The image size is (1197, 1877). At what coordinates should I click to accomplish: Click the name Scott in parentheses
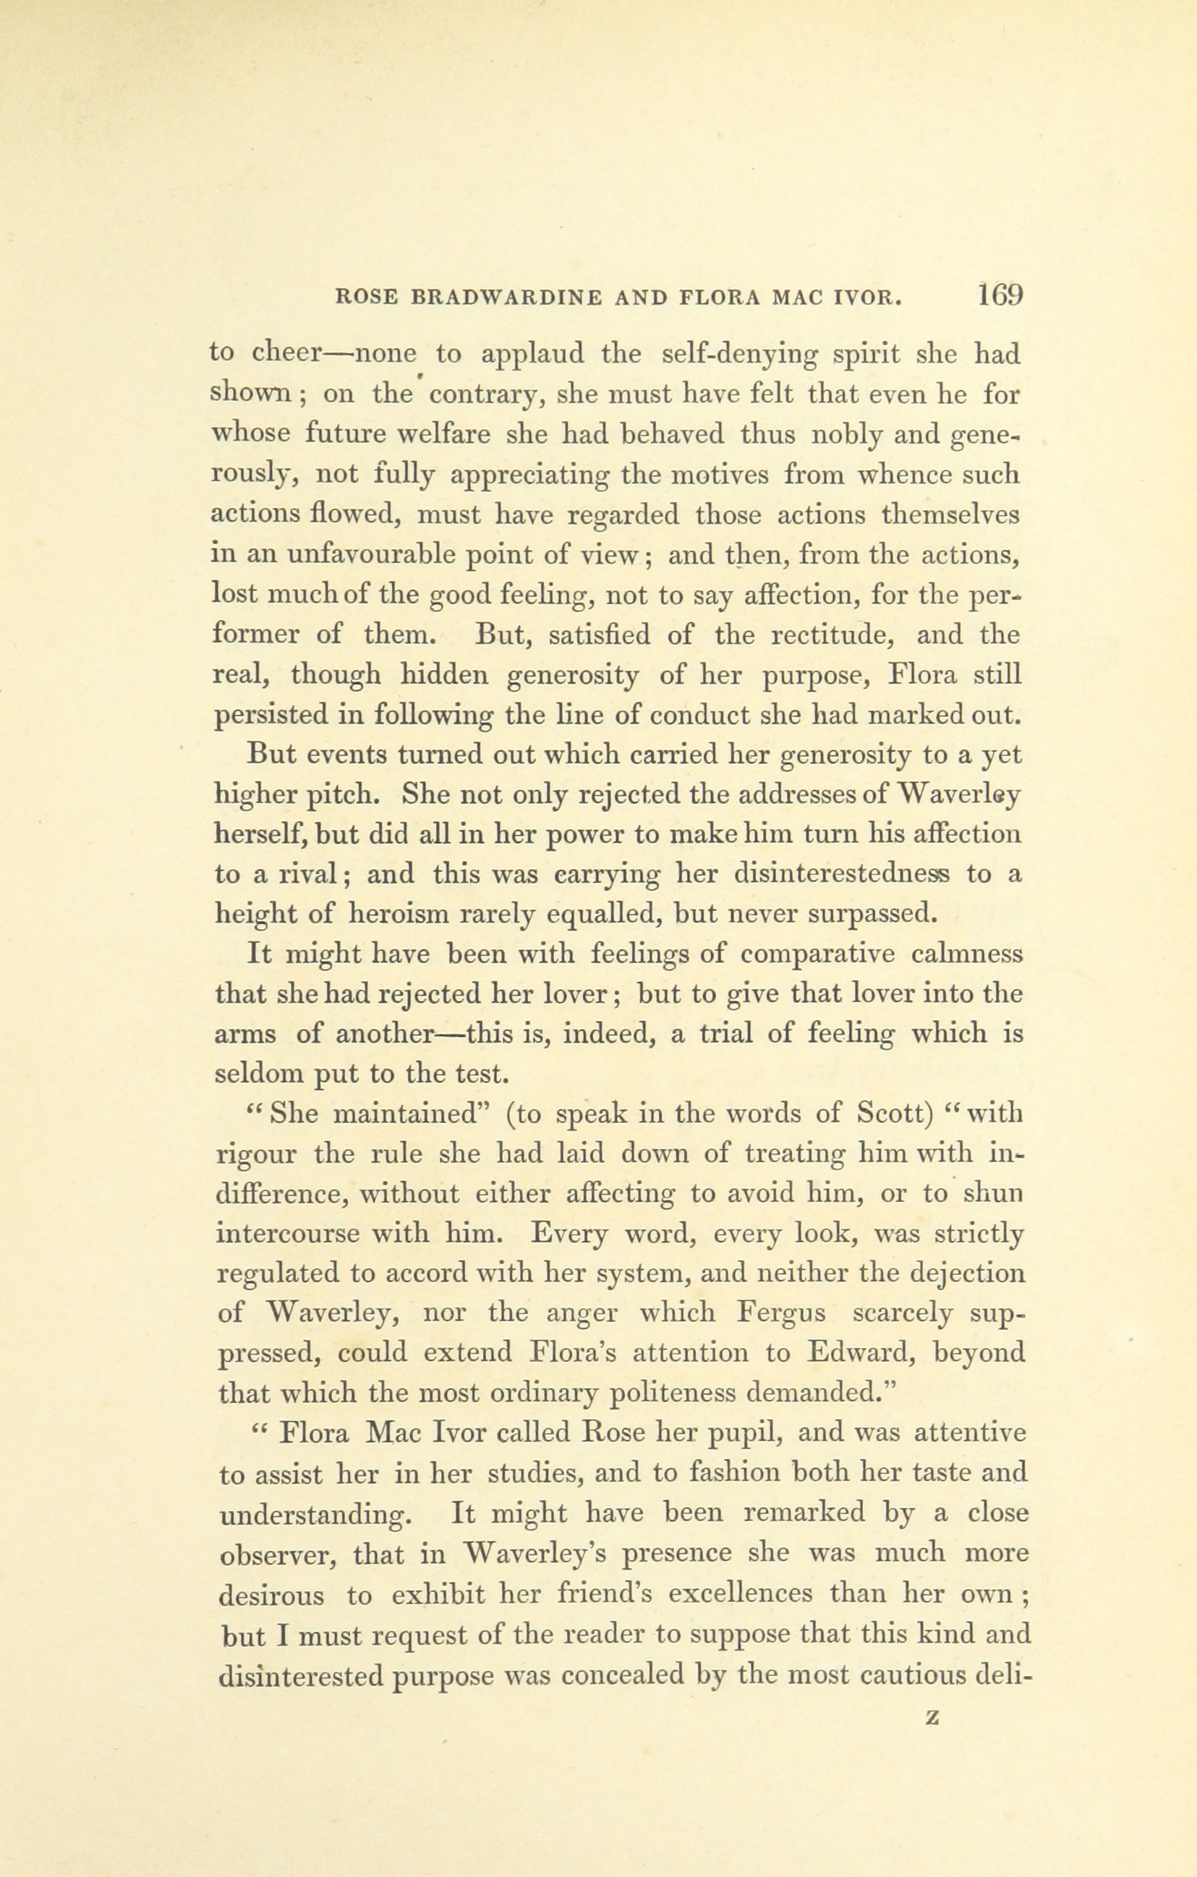click(x=894, y=1114)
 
